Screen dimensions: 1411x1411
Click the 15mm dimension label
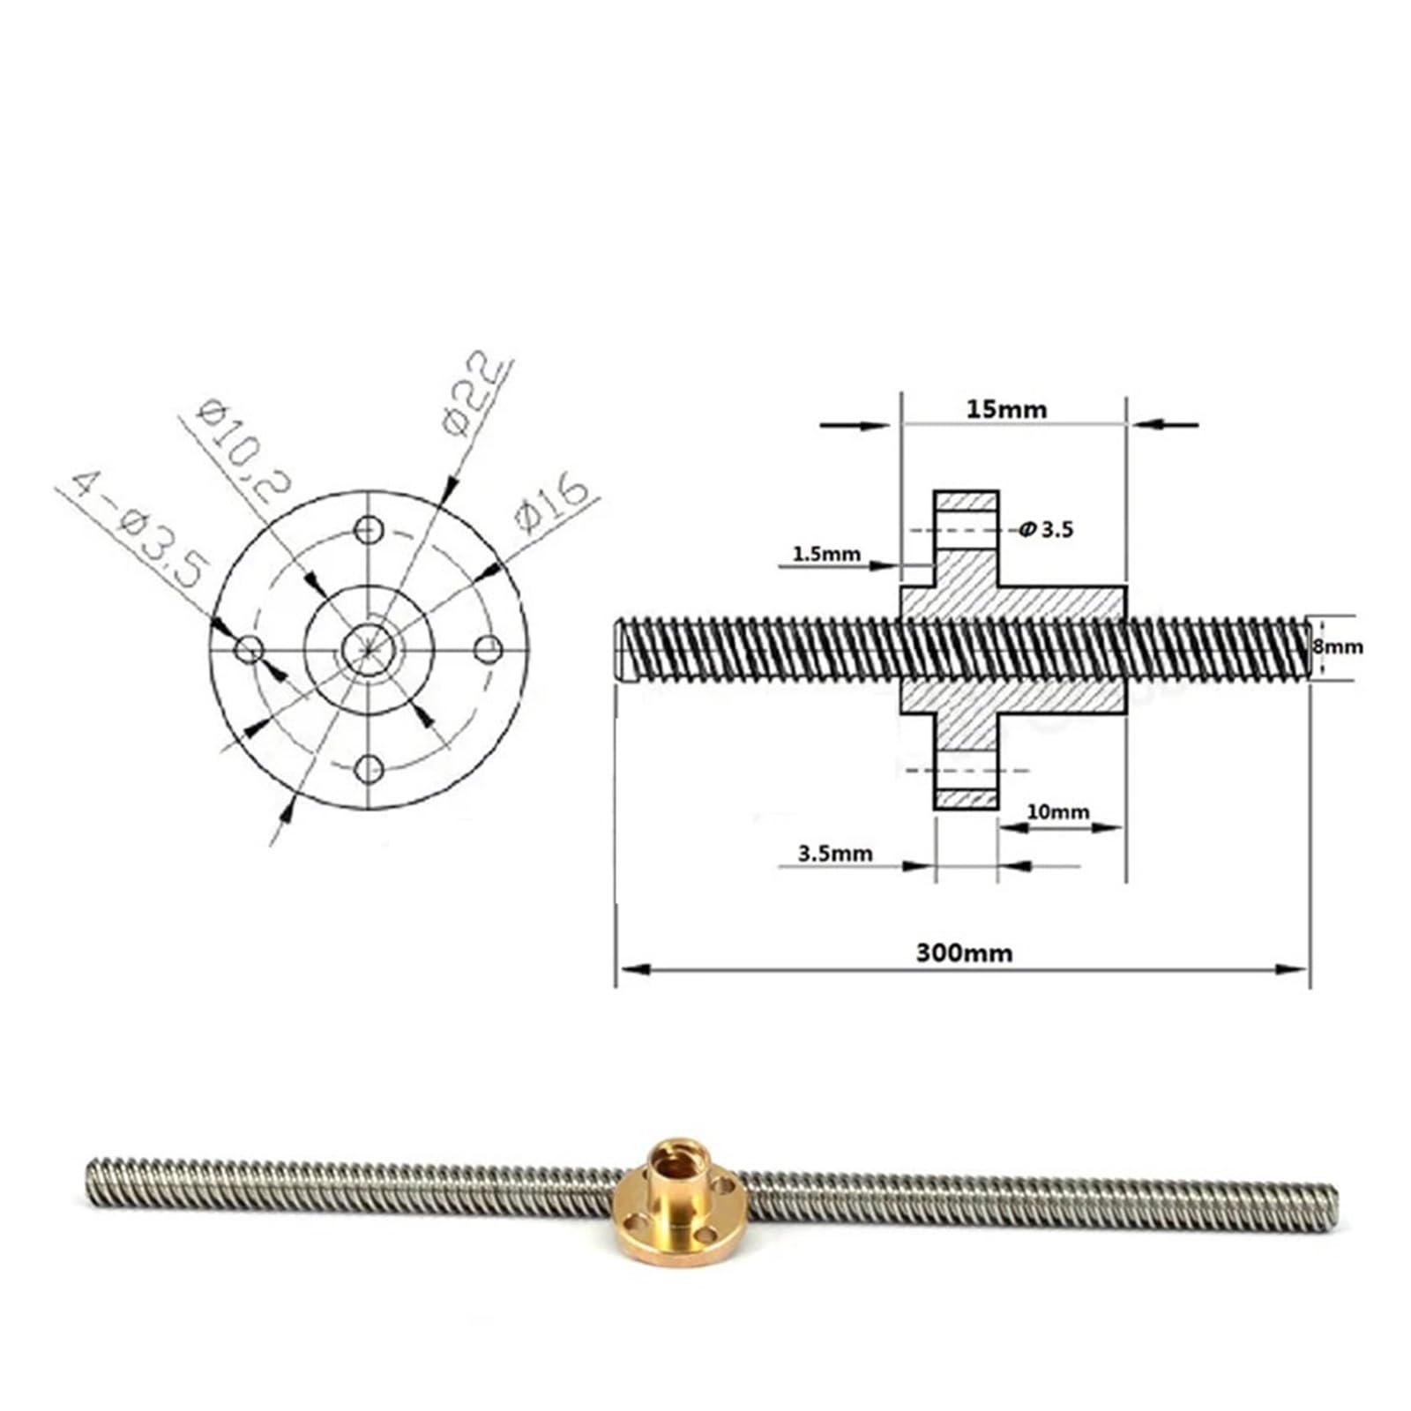[1006, 409]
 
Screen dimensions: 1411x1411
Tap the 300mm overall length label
[964, 952]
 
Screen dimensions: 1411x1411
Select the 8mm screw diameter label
[1337, 646]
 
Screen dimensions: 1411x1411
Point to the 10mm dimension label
[1057, 811]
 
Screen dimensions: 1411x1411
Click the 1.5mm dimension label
[826, 554]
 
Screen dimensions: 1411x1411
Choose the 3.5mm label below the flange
[835, 853]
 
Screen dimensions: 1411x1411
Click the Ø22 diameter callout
[475, 395]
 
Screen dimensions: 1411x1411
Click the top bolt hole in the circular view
[369, 530]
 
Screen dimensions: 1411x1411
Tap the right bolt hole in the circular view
[489, 651]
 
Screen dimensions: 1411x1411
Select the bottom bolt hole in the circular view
[369, 769]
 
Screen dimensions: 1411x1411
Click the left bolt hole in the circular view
[250, 650]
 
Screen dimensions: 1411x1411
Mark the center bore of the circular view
[369, 649]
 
